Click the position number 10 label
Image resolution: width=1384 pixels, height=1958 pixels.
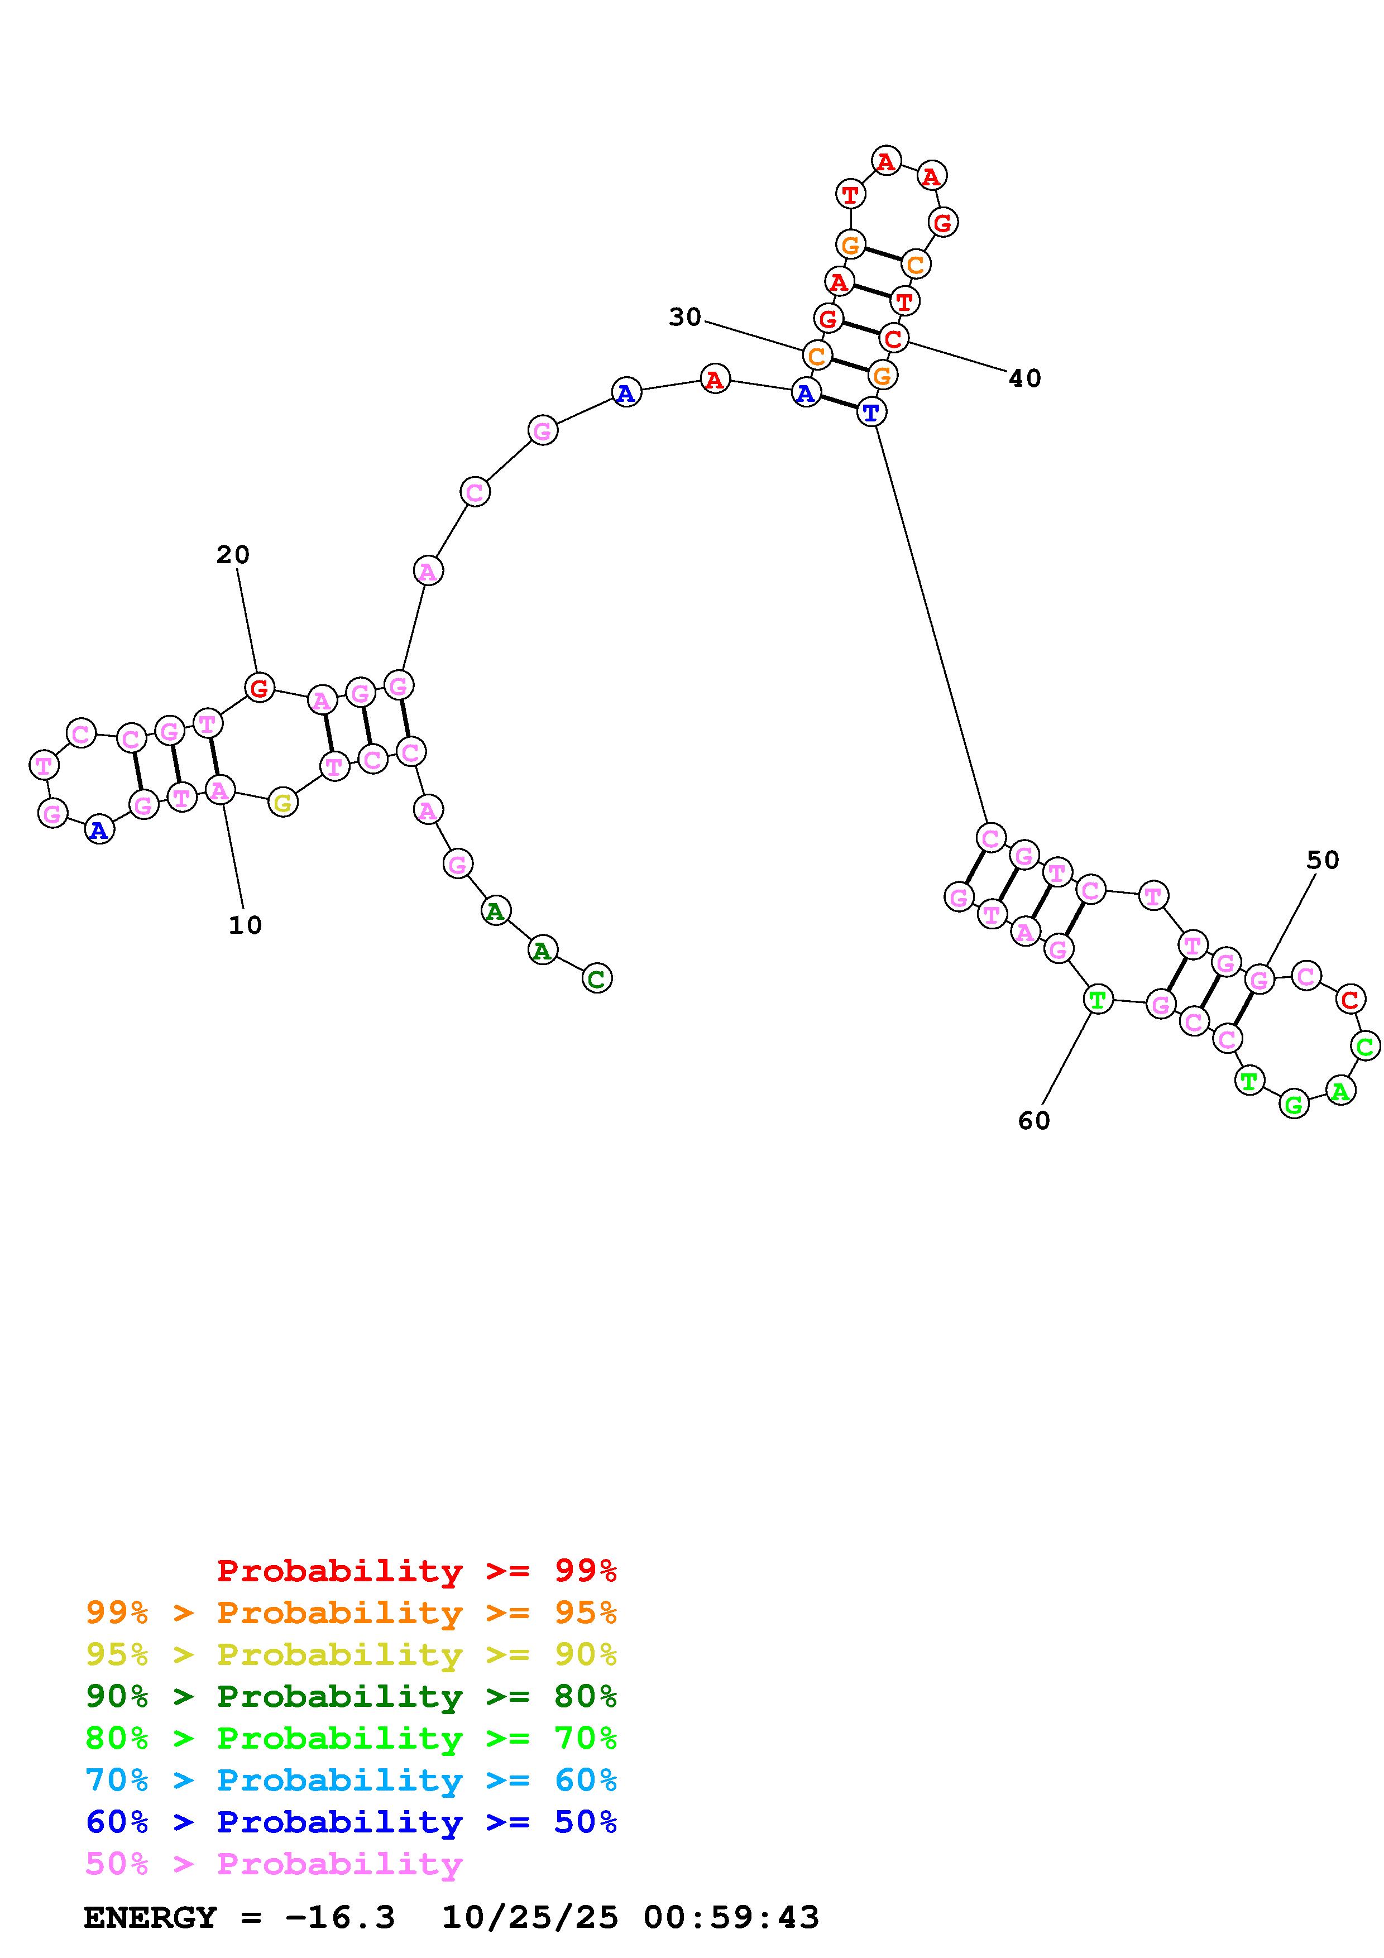[x=245, y=925]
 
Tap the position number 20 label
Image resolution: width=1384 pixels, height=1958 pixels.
[x=233, y=555]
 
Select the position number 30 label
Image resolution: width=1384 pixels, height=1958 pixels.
[x=685, y=317]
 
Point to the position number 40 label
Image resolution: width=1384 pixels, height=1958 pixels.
[x=1025, y=378]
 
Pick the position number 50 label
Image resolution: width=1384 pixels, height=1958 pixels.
[x=1323, y=861]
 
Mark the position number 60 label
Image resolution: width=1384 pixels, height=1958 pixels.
[x=1033, y=1121]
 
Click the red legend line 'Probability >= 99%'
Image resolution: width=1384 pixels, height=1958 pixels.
[x=417, y=1570]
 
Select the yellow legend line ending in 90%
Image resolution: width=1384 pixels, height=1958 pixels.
[x=351, y=1654]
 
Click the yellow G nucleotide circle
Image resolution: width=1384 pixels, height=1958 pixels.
[x=282, y=803]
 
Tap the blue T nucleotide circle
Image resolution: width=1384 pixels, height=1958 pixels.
[x=870, y=412]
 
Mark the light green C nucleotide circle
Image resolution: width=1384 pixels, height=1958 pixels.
[x=1364, y=1045]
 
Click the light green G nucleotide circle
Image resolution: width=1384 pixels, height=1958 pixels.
[x=1294, y=1105]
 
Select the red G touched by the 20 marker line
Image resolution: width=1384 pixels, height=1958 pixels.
[x=259, y=687]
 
